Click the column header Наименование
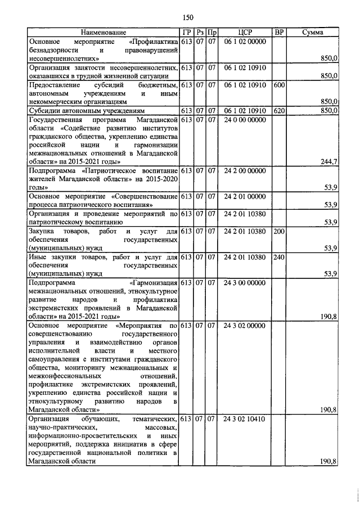pos(103,33)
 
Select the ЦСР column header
pos(244,33)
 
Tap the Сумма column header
pos(313,33)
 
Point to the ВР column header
pos(278,33)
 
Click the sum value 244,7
pos(327,162)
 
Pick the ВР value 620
pos(278,111)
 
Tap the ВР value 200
pos(278,232)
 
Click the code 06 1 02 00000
pos(244,42)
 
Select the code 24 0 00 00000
pos(244,120)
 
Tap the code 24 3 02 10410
pos(244,420)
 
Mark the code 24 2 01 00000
pos(244,197)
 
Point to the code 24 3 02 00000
pos(244,325)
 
